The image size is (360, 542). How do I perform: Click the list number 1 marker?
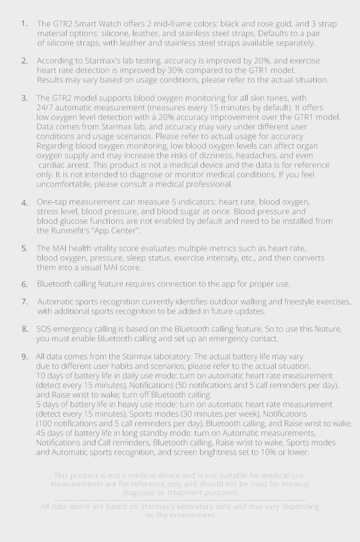(x=24, y=23)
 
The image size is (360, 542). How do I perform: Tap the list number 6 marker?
(x=25, y=284)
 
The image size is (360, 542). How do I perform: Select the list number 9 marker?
(x=25, y=357)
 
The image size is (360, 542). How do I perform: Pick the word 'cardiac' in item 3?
(x=52, y=165)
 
